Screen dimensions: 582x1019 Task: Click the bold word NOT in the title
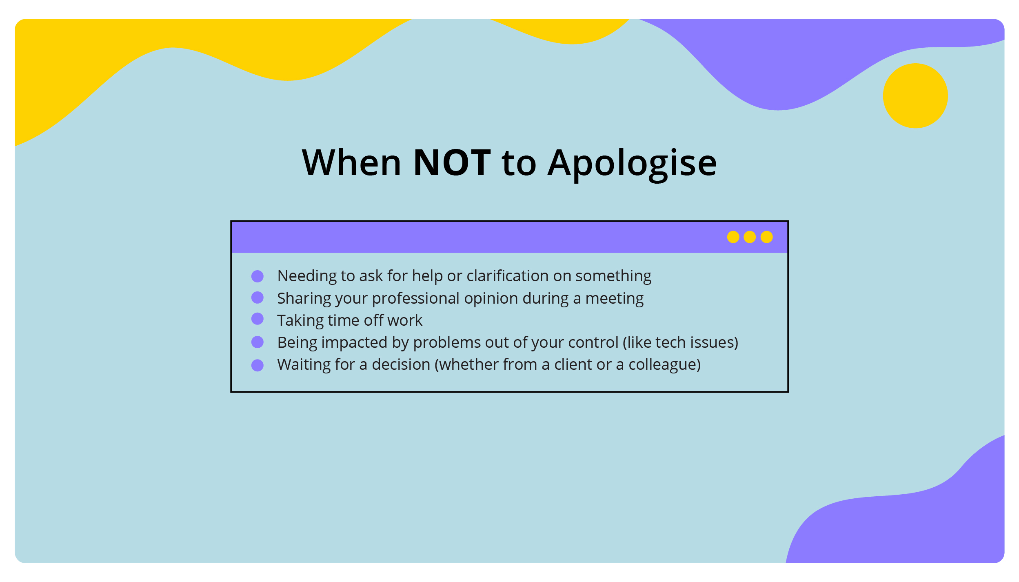(452, 163)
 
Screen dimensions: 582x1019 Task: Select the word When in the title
(351, 163)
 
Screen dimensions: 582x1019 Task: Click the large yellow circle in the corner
(915, 96)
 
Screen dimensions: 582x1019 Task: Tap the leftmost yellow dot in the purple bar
(733, 237)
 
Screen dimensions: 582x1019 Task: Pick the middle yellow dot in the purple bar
(750, 237)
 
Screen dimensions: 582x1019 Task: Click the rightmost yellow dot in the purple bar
(766, 237)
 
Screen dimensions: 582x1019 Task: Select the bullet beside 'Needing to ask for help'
(258, 276)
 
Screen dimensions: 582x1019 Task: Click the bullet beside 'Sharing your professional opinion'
(258, 298)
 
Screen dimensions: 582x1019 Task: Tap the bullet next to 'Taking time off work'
(258, 319)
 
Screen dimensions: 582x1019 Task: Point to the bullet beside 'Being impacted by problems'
(258, 342)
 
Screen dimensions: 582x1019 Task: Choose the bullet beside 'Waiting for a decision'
(258, 365)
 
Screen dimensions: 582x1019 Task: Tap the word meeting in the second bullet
(614, 299)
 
